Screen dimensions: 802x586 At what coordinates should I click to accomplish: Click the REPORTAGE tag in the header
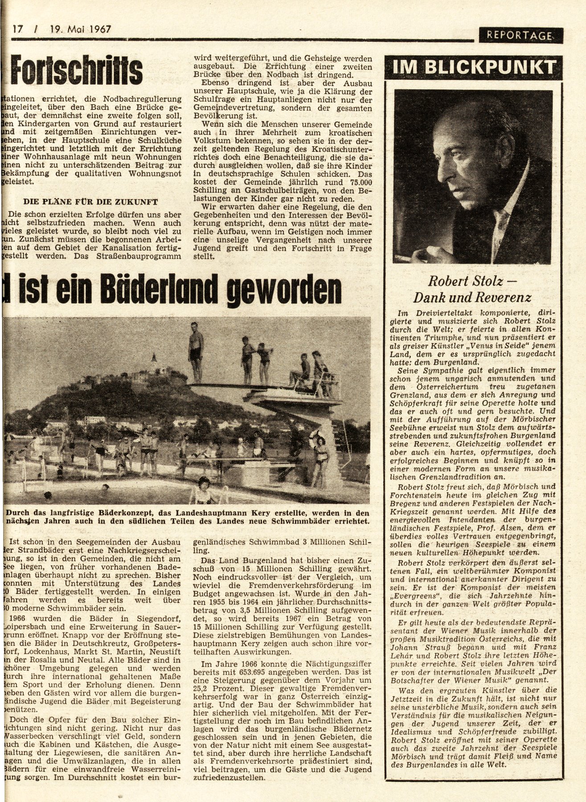(520, 36)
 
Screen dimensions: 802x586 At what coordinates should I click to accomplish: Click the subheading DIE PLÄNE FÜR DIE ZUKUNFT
(85, 202)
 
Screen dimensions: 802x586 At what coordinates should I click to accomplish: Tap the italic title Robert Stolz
(459, 281)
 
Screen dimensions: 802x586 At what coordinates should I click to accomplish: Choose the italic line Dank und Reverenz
(472, 297)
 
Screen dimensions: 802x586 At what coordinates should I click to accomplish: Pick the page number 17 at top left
(18, 30)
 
